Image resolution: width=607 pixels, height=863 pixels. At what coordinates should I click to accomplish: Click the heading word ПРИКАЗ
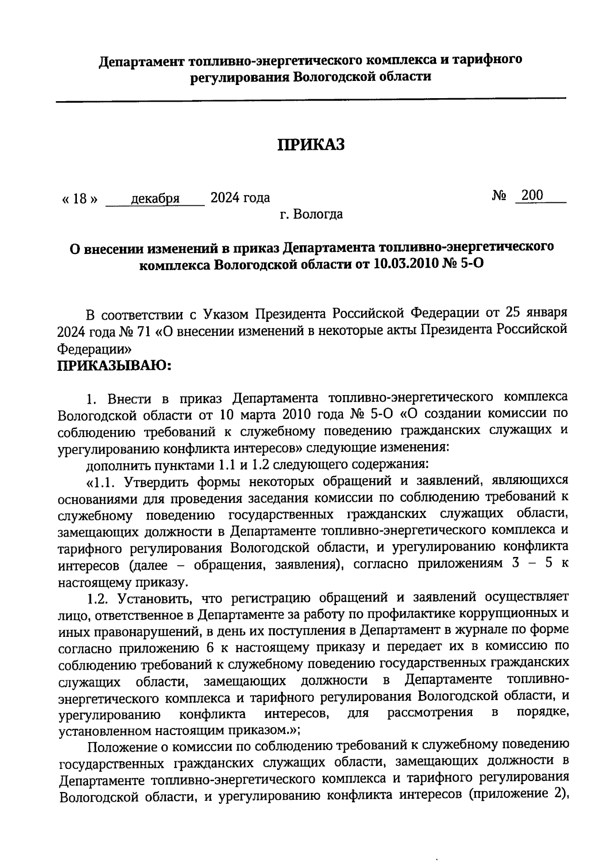(x=311, y=145)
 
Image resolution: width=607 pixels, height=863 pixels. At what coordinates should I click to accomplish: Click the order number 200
(x=532, y=195)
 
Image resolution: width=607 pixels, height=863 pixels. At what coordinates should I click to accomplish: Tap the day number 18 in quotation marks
(x=80, y=198)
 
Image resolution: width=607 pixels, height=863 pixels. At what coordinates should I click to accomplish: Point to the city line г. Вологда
(x=311, y=214)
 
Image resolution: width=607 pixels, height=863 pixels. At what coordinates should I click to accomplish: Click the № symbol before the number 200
(x=499, y=196)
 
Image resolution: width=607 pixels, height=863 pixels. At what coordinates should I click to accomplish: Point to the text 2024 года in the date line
(x=240, y=197)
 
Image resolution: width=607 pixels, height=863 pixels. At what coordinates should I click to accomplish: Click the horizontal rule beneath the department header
(x=311, y=100)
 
